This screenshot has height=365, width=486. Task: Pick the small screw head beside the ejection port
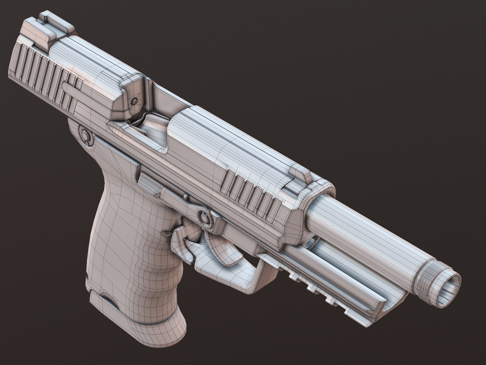click(134, 100)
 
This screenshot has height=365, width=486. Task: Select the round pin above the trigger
click(204, 216)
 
